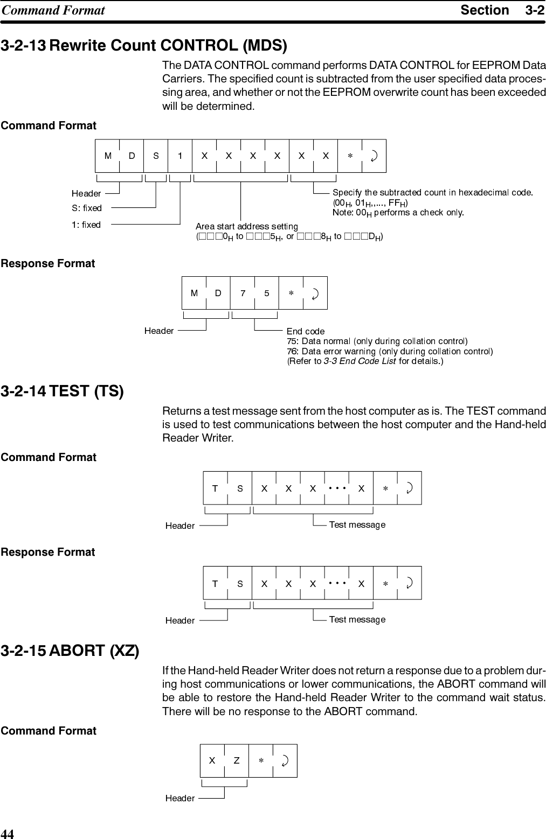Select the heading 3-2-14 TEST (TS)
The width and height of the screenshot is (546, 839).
[x=62, y=391]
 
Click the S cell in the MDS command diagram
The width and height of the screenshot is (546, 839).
[x=156, y=156]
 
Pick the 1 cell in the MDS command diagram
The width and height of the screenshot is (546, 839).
[x=180, y=156]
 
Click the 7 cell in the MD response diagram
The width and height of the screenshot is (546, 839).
[x=243, y=293]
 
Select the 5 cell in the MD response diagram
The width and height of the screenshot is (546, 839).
[x=267, y=293]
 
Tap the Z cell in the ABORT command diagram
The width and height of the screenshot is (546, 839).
[x=237, y=761]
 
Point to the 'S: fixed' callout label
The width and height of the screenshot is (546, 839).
[x=87, y=208]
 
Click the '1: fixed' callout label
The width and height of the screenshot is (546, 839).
[x=86, y=225]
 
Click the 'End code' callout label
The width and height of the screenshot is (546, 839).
[x=305, y=331]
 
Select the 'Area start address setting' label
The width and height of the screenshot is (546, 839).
[x=247, y=226]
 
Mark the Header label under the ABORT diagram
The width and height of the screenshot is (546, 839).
[x=180, y=799]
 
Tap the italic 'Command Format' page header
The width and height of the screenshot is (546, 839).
[x=53, y=10]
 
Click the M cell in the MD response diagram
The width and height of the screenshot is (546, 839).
[x=194, y=293]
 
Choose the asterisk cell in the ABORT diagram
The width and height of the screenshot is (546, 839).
[x=261, y=761]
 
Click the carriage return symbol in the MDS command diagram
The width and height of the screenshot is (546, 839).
[x=374, y=156]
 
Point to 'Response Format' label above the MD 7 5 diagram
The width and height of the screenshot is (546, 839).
[x=48, y=264]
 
